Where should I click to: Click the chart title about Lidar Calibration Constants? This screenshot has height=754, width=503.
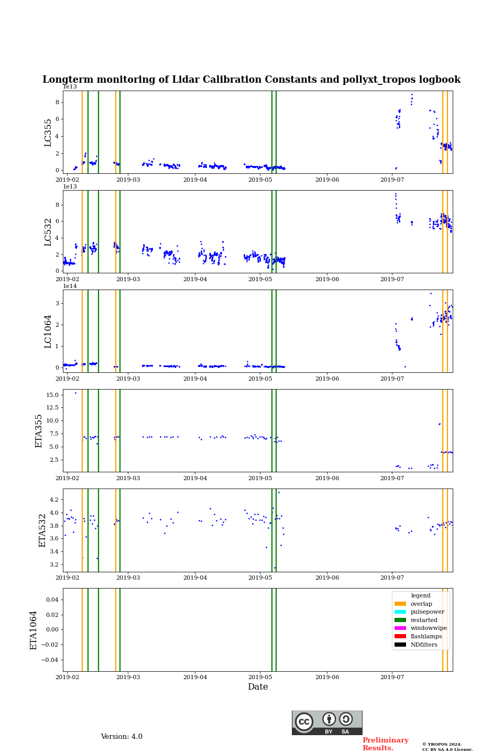click(x=251, y=80)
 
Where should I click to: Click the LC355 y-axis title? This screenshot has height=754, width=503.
click(x=48, y=132)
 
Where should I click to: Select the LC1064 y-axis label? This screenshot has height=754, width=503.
click(x=48, y=331)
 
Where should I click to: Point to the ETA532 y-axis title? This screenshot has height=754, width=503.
click(x=43, y=530)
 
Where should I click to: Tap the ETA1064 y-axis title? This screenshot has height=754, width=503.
click(x=34, y=630)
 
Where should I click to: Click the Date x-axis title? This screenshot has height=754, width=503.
click(x=258, y=687)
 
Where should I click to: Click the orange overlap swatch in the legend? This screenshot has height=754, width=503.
click(x=400, y=604)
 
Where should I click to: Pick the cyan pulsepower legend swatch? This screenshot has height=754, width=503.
click(x=400, y=612)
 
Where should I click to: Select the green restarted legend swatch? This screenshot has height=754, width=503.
click(x=400, y=620)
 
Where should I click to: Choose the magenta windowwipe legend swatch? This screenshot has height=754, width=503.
click(x=400, y=628)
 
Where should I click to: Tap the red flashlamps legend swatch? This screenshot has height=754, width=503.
click(x=400, y=636)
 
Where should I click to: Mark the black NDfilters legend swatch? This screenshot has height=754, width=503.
click(x=400, y=645)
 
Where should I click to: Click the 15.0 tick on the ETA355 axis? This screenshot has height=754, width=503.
click(x=52, y=395)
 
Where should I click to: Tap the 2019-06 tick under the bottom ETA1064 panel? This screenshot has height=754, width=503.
click(x=327, y=677)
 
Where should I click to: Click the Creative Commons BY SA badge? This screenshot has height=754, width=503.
click(x=327, y=723)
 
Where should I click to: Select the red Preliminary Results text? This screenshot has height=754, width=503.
click(x=385, y=744)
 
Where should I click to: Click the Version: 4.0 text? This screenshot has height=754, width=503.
click(x=122, y=737)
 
